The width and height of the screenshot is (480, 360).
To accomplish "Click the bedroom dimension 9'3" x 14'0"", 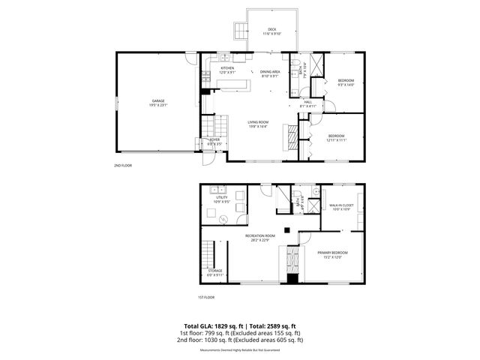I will [x=346, y=85].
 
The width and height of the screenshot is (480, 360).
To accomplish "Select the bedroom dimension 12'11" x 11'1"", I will [x=336, y=139].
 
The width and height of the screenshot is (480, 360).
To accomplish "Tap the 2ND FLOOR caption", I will [x=122, y=165].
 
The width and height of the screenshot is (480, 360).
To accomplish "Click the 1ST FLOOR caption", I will [x=207, y=297].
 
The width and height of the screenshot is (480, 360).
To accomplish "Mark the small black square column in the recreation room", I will [x=286, y=229].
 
